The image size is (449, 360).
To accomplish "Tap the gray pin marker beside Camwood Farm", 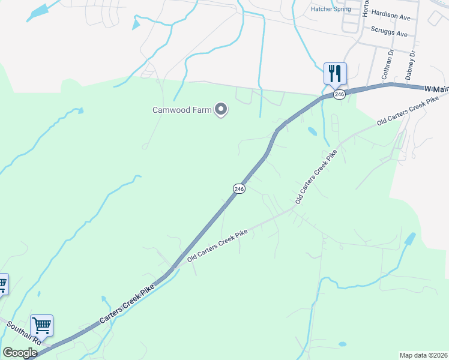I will (x=221, y=109).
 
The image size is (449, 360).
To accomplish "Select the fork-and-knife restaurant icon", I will (x=335, y=74).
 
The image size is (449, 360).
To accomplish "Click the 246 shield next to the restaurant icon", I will (x=339, y=94).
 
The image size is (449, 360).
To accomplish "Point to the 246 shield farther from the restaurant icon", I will (x=239, y=188).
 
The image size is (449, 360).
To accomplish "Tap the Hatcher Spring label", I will (x=331, y=9).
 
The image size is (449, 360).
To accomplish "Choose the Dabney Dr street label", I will (x=411, y=65).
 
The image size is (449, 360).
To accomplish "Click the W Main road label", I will (x=436, y=89).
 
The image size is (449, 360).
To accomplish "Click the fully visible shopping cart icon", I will (x=41, y=326).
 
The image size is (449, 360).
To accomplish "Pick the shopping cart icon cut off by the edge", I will (x=3, y=284).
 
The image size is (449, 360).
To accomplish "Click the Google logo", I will (x=19, y=353).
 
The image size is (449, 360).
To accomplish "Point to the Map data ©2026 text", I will (x=423, y=355).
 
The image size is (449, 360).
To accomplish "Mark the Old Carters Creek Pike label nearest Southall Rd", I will (x=217, y=246).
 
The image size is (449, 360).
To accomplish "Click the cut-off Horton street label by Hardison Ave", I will (x=366, y=7).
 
